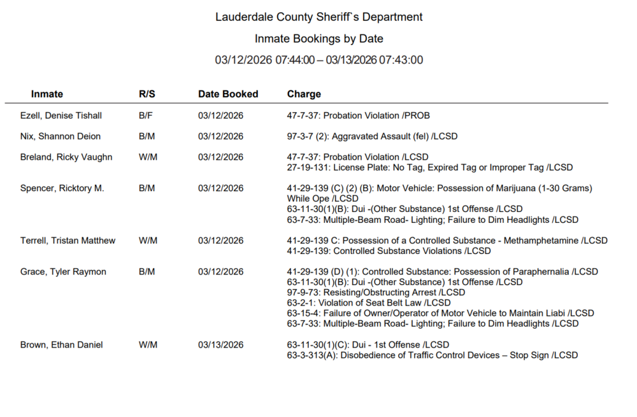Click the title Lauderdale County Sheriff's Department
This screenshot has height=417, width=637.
tap(318, 17)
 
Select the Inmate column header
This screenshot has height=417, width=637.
tap(47, 94)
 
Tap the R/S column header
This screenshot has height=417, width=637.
tap(147, 94)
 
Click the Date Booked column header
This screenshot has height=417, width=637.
tap(228, 94)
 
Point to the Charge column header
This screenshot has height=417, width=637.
tap(304, 94)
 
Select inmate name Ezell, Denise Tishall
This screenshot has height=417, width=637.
tap(61, 116)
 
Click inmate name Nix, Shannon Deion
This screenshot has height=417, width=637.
tap(61, 136)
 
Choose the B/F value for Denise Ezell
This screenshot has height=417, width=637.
tap(147, 116)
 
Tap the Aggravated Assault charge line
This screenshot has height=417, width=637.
tap(372, 136)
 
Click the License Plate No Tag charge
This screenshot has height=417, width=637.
tap(430, 167)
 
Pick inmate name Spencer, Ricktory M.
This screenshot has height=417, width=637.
tap(62, 188)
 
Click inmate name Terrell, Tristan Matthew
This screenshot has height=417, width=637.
tap(68, 241)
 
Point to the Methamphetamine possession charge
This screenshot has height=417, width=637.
tap(447, 241)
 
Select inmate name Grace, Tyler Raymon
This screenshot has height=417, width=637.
tap(63, 272)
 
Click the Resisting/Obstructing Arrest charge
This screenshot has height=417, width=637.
tap(376, 292)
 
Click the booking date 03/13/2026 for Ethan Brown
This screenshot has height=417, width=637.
tap(220, 345)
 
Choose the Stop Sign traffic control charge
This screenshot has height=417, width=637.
tap(433, 355)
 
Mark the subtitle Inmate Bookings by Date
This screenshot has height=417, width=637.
tap(318, 39)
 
